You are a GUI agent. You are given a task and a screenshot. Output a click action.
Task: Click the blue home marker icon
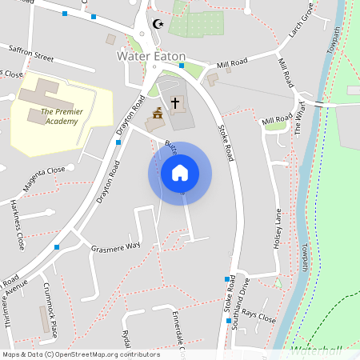[180, 173]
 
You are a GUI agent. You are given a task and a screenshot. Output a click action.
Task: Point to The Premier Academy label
[60, 117]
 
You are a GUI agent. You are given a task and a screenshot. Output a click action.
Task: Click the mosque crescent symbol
[157, 24]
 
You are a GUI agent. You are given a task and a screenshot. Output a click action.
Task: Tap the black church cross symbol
[175, 104]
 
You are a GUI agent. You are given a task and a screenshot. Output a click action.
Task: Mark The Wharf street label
[301, 122]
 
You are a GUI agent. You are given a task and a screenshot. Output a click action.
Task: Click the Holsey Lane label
[278, 228]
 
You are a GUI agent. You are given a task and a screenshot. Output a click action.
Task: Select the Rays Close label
[259, 316]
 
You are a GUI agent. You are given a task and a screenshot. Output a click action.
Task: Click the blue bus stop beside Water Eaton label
[182, 66]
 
